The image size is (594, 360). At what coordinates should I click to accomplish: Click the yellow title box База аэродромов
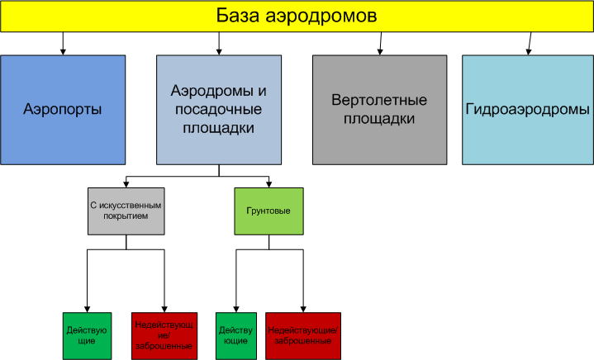[x=297, y=17]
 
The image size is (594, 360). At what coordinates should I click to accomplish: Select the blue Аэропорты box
[x=63, y=109]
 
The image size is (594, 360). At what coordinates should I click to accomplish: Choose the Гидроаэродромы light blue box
[x=527, y=109]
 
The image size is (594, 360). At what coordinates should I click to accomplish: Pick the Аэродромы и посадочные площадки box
[x=218, y=109]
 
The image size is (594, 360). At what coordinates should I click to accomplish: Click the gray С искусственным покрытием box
[x=126, y=211]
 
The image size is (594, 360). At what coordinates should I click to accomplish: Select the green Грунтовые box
[x=268, y=211]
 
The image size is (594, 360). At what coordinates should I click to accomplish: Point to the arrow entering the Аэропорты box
[x=63, y=50]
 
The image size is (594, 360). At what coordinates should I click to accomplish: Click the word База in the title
[x=240, y=16]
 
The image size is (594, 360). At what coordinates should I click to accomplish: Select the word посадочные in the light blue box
[x=218, y=108]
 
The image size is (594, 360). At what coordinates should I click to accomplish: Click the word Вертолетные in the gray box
[x=378, y=101]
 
